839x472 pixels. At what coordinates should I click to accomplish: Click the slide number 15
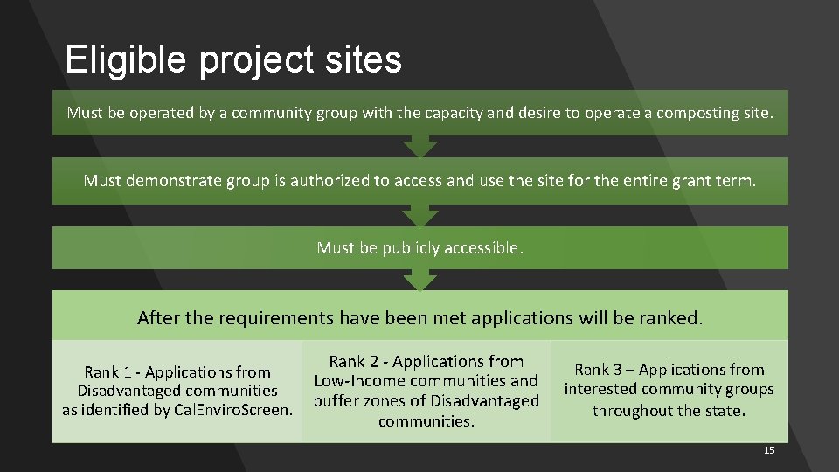769,450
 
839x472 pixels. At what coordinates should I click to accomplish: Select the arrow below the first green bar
420,145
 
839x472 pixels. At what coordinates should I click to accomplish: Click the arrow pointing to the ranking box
420,279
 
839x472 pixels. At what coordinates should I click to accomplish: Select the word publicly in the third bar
410,248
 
